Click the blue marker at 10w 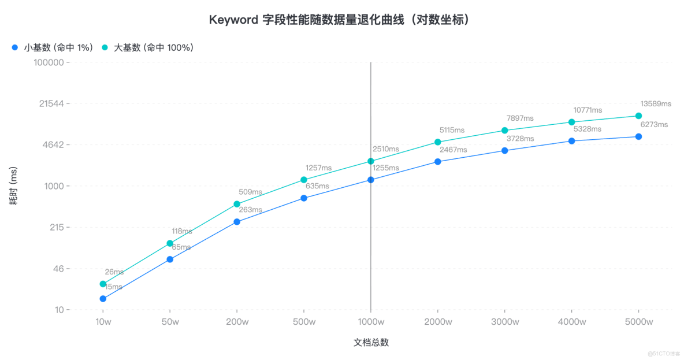(103, 299)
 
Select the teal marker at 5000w (638, 116)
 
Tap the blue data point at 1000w (371, 180)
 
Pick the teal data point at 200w (237, 204)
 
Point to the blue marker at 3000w (505, 150)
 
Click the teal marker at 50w (170, 243)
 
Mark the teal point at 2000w (438, 142)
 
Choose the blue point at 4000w (572, 141)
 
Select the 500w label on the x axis (304, 322)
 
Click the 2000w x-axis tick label (438, 322)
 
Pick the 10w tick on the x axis (103, 322)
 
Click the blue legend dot (15, 47)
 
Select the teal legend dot (105, 47)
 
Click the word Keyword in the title (233, 20)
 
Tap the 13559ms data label (655, 104)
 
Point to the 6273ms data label (655, 124)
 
